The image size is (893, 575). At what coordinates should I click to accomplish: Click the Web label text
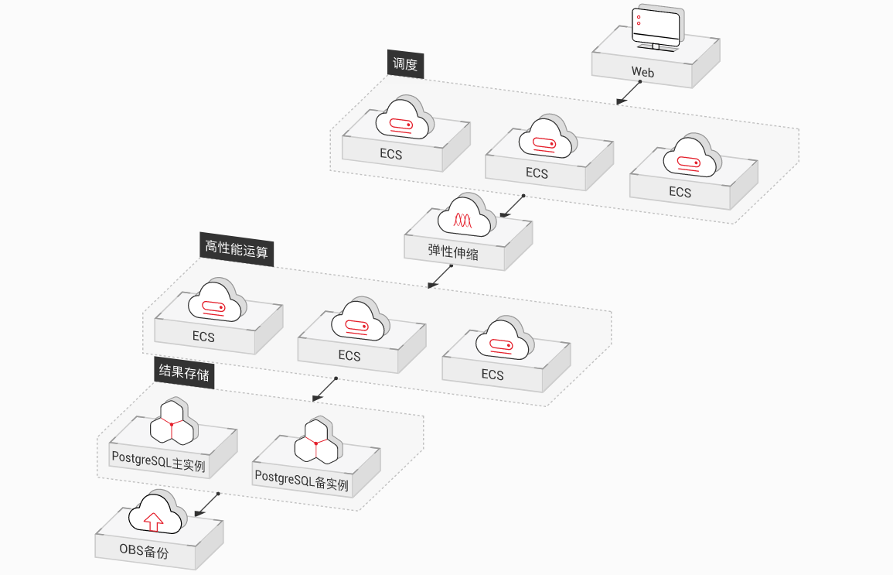click(x=642, y=73)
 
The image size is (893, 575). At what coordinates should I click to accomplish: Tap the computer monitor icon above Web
click(x=657, y=28)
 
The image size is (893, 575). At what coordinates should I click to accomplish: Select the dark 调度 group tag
click(x=405, y=63)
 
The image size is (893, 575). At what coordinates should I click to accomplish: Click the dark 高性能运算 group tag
click(x=237, y=249)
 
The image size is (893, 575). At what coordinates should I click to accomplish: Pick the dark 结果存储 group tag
click(x=184, y=373)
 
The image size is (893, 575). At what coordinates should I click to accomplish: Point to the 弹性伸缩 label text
click(x=453, y=252)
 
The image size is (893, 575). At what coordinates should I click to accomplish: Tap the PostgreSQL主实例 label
click(x=158, y=461)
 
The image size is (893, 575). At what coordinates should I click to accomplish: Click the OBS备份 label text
click(x=144, y=550)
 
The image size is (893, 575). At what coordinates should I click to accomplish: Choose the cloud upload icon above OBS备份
click(x=158, y=512)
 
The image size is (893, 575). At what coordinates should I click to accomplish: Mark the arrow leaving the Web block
click(x=629, y=93)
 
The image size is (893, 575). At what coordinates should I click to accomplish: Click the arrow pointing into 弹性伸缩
click(x=512, y=207)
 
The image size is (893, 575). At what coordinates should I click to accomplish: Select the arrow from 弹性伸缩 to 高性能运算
click(x=440, y=276)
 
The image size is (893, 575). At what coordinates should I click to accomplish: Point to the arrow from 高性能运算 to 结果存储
click(x=325, y=389)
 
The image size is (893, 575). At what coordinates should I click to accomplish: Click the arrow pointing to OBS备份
click(x=206, y=505)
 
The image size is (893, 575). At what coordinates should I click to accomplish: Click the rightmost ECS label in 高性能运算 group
click(x=493, y=375)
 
